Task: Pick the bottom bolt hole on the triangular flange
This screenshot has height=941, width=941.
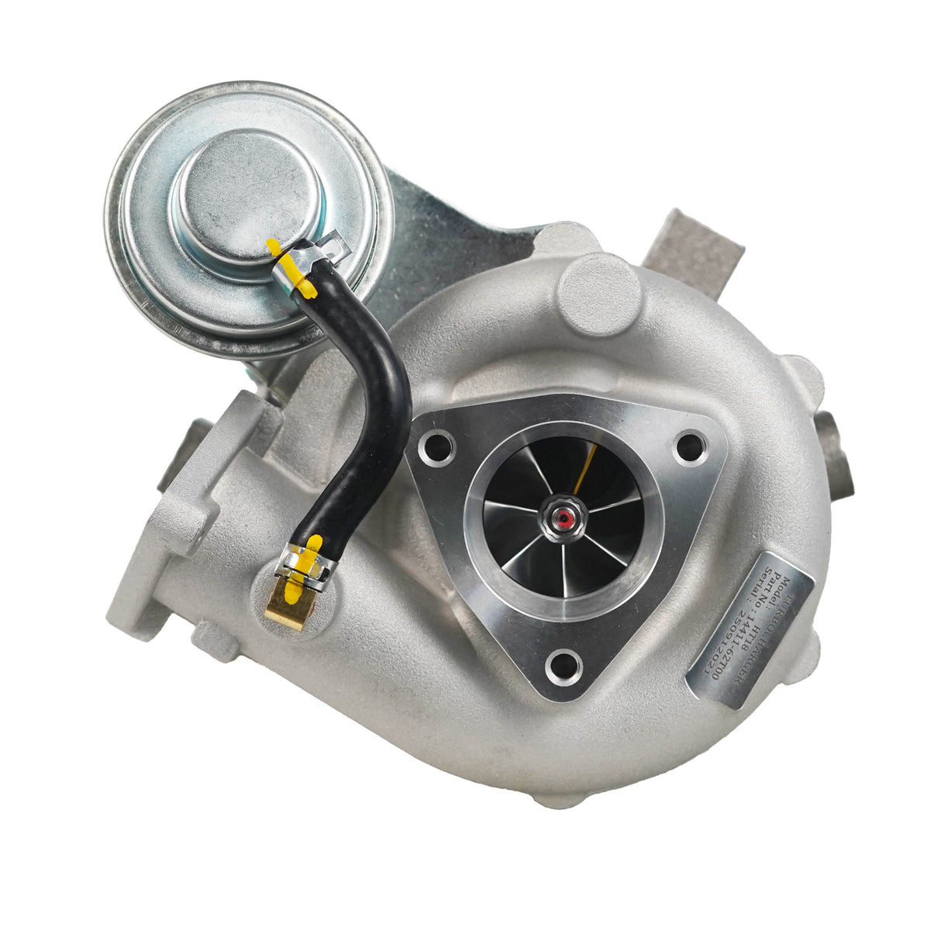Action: [x=564, y=665]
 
